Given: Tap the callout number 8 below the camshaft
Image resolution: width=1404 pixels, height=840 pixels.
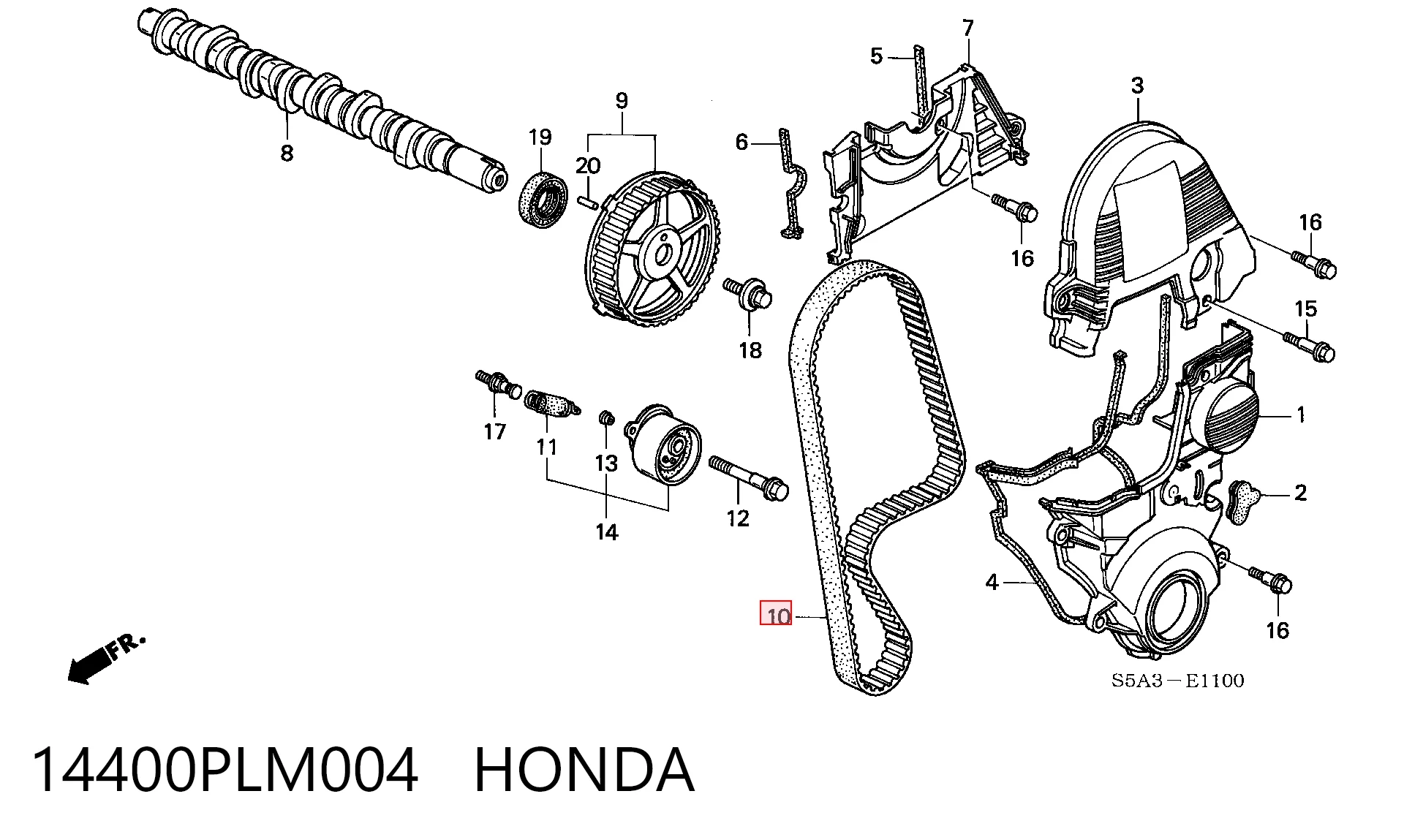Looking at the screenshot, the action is tap(287, 153).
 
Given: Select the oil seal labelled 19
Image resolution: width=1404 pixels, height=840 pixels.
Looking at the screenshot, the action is tap(543, 200).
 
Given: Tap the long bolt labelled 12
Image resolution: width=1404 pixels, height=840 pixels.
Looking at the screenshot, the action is tap(748, 478).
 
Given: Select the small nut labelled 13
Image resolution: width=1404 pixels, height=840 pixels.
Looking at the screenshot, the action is tap(605, 417).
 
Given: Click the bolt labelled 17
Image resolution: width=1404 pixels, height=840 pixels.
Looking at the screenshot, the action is tap(498, 383).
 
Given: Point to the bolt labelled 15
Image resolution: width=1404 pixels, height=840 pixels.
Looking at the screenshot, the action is tap(1309, 347).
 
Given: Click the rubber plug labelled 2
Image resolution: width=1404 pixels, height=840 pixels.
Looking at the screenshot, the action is tap(1242, 502).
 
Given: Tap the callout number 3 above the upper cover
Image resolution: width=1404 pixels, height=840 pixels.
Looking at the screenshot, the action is tap(1137, 86).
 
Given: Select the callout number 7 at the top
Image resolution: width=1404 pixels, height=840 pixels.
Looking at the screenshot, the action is tap(968, 29).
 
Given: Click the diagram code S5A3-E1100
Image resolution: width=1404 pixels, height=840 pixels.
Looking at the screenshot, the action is tap(1177, 681).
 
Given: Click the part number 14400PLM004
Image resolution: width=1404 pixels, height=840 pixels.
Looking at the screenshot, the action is tap(225, 770).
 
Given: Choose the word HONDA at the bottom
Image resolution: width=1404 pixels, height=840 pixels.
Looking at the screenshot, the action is tap(584, 770).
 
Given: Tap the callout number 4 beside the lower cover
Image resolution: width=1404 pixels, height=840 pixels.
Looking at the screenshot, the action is tap(992, 582).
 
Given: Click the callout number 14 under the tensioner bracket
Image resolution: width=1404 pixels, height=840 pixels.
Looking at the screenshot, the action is tap(607, 532).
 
